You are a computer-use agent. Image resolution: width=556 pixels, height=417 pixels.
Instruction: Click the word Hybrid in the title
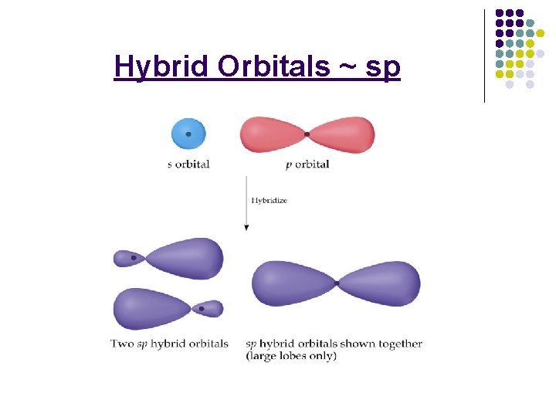[x=161, y=68]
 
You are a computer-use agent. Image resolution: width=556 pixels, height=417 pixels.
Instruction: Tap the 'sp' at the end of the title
[x=383, y=68]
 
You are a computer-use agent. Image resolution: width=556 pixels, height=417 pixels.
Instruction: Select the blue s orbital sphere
[x=188, y=134]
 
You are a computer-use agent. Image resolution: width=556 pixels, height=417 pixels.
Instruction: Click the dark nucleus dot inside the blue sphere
[x=188, y=134]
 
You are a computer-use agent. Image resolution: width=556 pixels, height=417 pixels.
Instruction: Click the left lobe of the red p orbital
[x=272, y=134]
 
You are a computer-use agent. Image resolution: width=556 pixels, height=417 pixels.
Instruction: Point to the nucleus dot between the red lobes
[x=307, y=134]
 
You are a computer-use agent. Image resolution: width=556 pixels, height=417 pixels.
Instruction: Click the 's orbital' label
[x=188, y=164]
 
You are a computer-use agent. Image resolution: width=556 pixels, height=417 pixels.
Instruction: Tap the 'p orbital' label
[x=307, y=164]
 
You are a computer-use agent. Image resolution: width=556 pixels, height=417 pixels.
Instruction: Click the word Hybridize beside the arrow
[x=270, y=200]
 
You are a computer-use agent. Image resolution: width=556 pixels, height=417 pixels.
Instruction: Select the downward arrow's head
[x=246, y=227]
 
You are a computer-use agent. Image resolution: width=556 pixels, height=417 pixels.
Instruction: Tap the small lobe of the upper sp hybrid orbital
[x=127, y=257]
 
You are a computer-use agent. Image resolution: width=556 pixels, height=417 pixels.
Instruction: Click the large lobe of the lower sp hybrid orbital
[x=151, y=308]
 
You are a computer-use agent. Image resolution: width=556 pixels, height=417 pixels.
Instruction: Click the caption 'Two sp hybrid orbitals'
[x=169, y=344]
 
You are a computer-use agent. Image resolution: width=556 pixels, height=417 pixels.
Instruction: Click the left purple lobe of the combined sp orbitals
[x=292, y=283]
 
